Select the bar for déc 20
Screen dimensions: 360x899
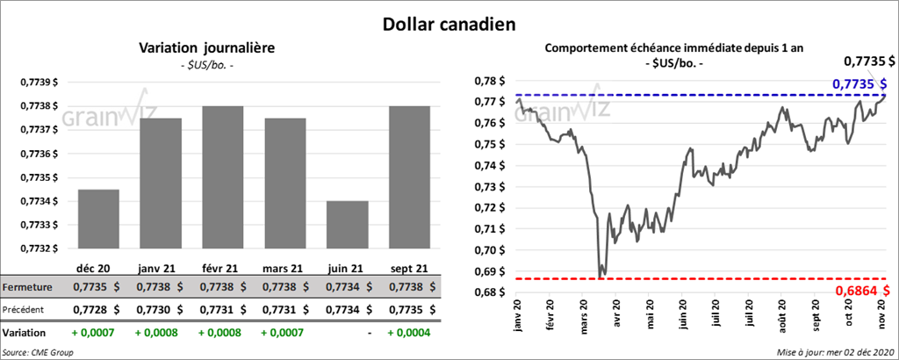tap(98, 219)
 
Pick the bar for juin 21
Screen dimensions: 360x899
tap(347, 225)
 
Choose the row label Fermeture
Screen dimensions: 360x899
tap(28, 287)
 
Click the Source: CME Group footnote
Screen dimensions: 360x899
tap(39, 352)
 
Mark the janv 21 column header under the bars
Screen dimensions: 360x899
tap(158, 267)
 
